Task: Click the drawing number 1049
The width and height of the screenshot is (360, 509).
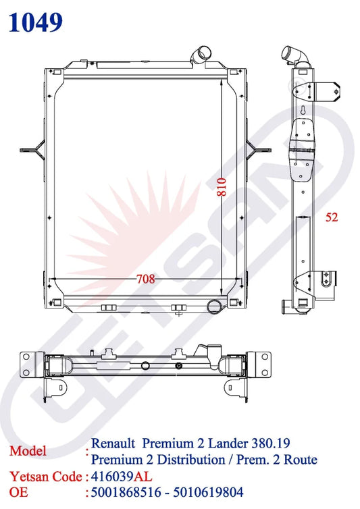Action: point(36,22)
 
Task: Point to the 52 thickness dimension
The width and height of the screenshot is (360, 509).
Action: point(331,217)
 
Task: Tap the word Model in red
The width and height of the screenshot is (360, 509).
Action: point(28,451)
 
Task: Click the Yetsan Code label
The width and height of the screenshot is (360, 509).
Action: point(41,477)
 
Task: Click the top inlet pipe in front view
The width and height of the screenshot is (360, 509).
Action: point(203,53)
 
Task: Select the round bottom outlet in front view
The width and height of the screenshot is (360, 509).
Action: point(215,307)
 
